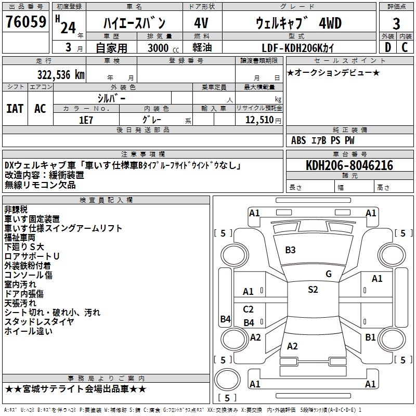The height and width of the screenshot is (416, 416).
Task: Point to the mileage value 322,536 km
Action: (x=61, y=74)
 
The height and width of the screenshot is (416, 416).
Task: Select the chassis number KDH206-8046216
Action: (x=349, y=165)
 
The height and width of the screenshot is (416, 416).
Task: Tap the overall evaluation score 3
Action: (x=396, y=23)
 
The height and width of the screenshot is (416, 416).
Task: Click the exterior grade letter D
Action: (x=387, y=47)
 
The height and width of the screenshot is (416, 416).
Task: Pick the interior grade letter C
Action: (x=405, y=47)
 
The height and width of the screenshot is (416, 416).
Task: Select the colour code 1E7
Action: (x=86, y=119)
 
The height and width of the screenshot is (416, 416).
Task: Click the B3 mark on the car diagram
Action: (x=290, y=250)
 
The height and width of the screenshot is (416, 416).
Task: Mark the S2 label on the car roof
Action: (x=313, y=290)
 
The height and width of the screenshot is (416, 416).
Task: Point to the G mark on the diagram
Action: (x=329, y=274)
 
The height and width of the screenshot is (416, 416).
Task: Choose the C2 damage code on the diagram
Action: (x=249, y=309)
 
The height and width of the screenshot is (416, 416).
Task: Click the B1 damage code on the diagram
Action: (x=370, y=337)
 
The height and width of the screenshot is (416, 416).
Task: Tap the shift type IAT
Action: (x=15, y=108)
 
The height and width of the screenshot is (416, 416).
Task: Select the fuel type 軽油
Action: (x=201, y=47)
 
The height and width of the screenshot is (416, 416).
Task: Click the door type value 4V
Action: (x=201, y=23)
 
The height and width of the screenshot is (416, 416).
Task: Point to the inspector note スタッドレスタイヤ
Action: (x=39, y=321)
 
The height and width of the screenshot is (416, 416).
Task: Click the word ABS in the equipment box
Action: (x=298, y=140)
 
